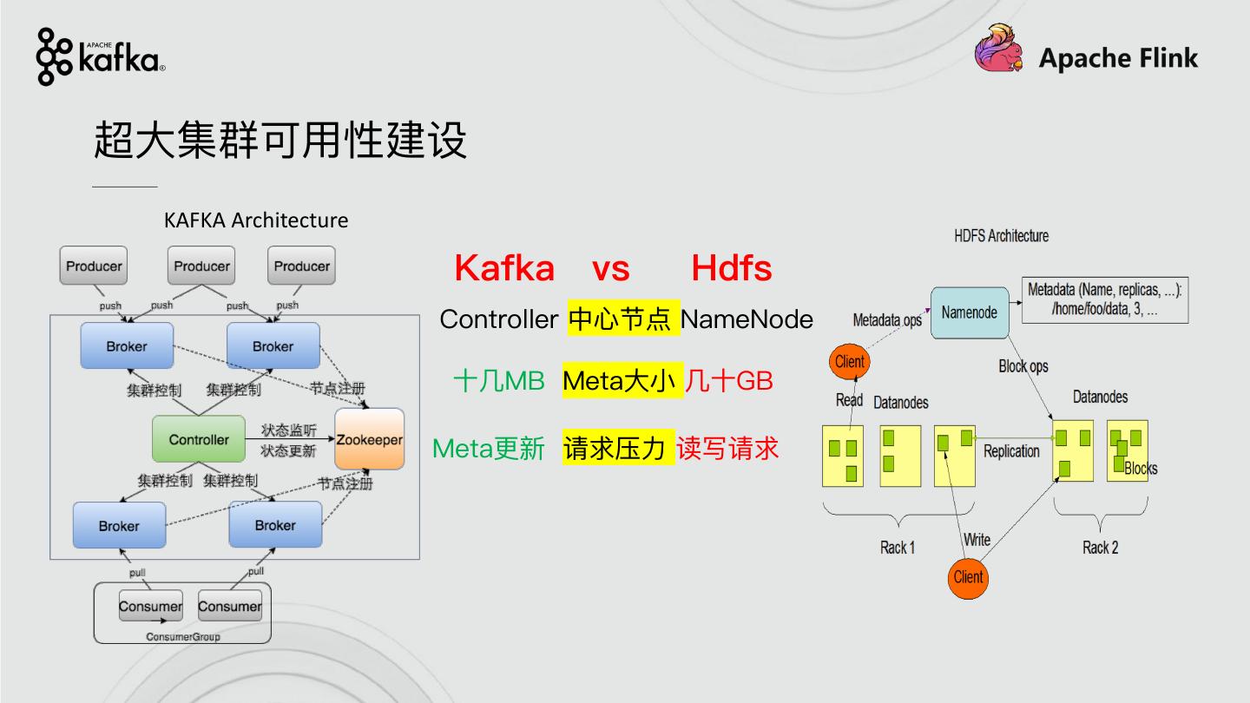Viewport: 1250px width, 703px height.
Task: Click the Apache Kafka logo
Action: tap(100, 56)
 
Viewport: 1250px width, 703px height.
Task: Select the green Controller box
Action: tap(199, 439)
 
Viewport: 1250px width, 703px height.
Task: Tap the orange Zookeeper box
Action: tap(369, 439)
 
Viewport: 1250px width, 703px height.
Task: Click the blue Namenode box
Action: tap(970, 312)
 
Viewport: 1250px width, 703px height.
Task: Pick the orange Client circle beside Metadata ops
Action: tap(849, 362)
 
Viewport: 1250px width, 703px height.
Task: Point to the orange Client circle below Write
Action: tap(968, 577)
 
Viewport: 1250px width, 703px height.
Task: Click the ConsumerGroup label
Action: tap(182, 636)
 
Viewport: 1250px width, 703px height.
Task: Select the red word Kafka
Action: tap(504, 268)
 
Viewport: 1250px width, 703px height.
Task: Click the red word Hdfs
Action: tap(731, 268)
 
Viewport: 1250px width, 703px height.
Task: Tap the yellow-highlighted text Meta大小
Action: tap(619, 381)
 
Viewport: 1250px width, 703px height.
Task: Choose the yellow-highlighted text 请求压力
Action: tap(615, 448)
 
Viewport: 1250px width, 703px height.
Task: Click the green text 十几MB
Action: tap(498, 381)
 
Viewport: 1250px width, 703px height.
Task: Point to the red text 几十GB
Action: tap(728, 381)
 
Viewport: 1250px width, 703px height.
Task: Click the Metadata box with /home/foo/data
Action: tap(1105, 300)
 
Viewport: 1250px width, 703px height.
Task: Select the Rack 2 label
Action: tap(1100, 548)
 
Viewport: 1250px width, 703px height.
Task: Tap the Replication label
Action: tap(1011, 451)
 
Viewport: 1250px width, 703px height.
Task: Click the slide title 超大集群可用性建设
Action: tap(280, 139)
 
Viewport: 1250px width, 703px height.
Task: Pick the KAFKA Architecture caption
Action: tap(256, 220)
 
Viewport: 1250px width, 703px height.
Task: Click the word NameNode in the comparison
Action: tap(747, 319)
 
